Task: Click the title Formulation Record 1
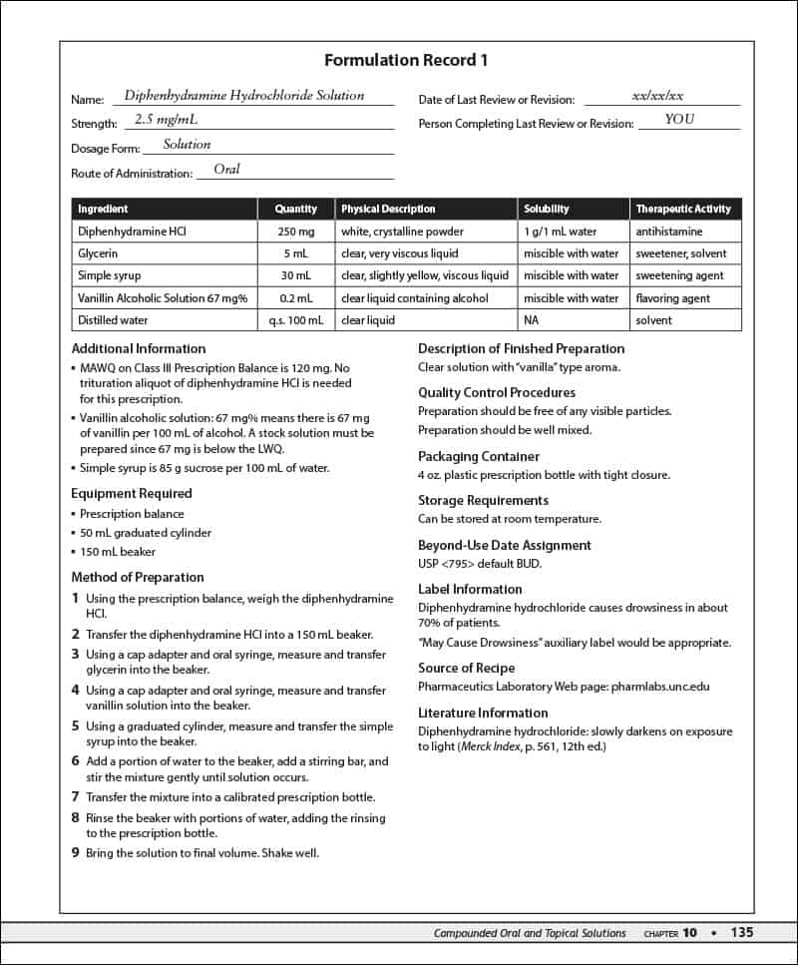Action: click(406, 61)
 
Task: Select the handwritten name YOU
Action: click(679, 120)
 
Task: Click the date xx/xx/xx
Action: click(658, 96)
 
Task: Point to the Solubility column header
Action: click(547, 210)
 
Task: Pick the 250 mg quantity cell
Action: click(295, 232)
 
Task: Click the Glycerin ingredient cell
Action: click(99, 253)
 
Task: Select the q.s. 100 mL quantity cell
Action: click(295, 320)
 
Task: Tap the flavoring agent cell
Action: click(673, 298)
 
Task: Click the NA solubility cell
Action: click(532, 320)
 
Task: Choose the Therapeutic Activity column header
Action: click(683, 210)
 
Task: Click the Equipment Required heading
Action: click(132, 493)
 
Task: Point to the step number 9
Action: click(75, 853)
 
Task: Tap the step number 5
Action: click(75, 726)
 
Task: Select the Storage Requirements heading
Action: click(483, 501)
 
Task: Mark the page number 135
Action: click(741, 933)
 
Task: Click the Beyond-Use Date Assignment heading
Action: click(504, 545)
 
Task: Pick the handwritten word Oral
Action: click(226, 170)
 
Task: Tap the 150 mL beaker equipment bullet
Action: click(118, 552)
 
